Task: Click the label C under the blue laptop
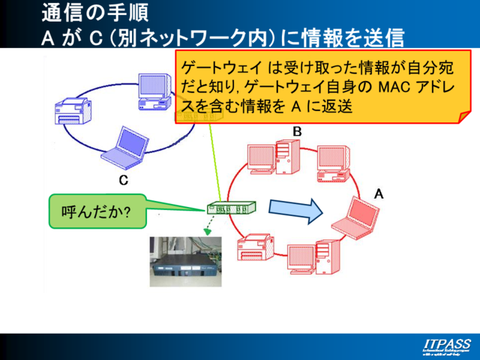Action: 124,181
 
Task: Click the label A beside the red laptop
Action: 379,193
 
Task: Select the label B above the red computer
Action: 297,132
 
